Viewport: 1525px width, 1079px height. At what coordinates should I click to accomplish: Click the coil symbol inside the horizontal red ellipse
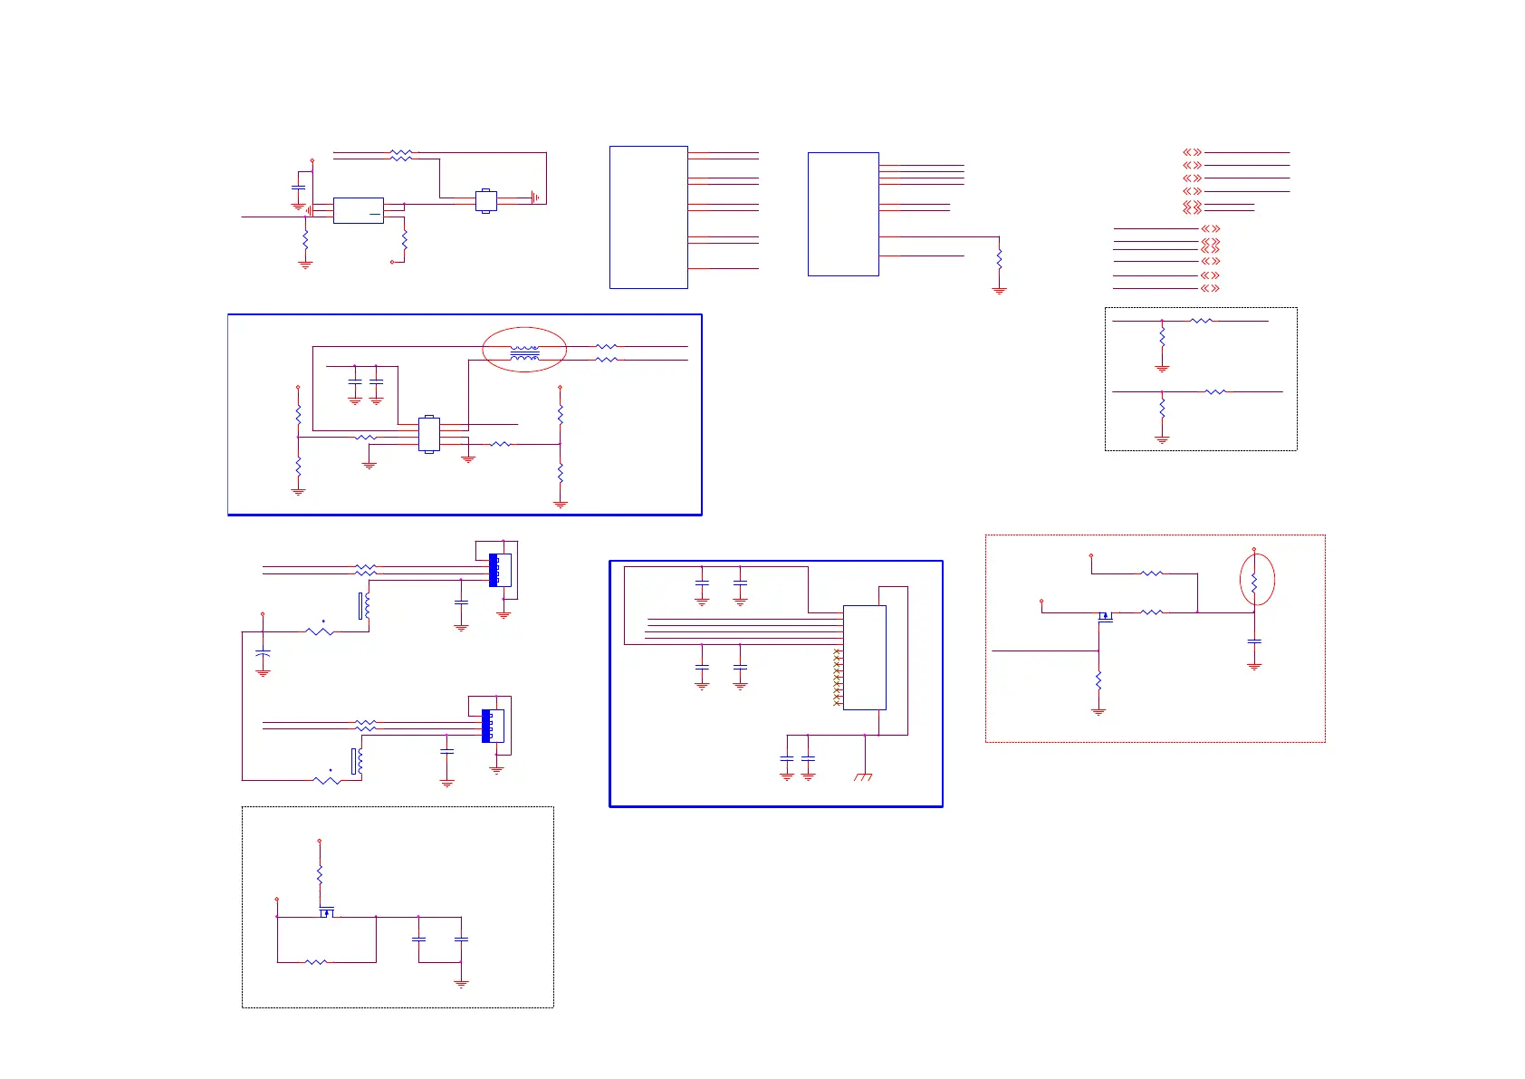coord(524,352)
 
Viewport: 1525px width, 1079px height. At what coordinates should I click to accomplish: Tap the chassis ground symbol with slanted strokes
coord(863,776)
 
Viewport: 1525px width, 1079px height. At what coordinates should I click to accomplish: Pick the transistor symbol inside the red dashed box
coord(1105,616)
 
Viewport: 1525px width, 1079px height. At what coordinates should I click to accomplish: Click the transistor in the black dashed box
coord(326,912)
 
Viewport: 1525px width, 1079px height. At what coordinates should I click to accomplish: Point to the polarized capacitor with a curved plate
coord(263,652)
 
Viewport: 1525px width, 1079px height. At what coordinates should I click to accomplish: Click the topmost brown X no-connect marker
coord(837,651)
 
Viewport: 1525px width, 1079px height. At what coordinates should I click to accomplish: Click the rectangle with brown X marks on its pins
coord(864,657)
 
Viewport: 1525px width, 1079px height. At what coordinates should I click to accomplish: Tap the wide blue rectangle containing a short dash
coord(358,210)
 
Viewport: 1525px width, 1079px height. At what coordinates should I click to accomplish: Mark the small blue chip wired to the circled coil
coord(429,434)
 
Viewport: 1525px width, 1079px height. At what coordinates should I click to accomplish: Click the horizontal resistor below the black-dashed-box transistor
coord(316,962)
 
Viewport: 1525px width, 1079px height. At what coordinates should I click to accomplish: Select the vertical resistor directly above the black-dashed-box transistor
coord(320,875)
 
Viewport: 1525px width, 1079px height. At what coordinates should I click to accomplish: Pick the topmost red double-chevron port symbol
coord(1192,152)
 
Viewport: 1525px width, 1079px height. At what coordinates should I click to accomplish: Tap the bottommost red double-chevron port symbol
coord(1210,288)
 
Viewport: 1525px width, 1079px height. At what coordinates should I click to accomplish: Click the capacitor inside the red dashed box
coord(1254,641)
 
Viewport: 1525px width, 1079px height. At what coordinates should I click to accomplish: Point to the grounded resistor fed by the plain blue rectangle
coord(999,259)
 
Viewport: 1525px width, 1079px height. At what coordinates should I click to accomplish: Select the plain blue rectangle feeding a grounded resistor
coord(842,214)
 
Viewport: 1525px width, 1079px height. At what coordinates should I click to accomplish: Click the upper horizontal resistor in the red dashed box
coord(1151,573)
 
